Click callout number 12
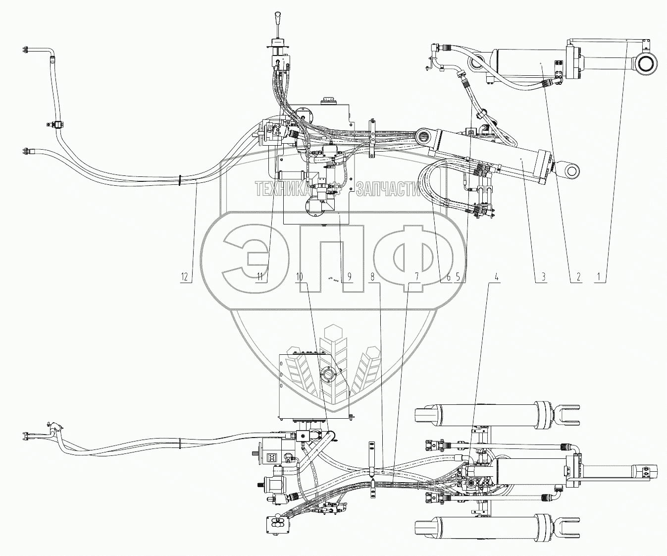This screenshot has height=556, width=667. click(185, 278)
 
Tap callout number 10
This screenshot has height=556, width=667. click(299, 278)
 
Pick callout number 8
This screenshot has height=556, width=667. click(372, 278)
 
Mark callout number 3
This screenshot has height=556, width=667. click(543, 278)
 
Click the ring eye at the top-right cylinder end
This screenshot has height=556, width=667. click(647, 63)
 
